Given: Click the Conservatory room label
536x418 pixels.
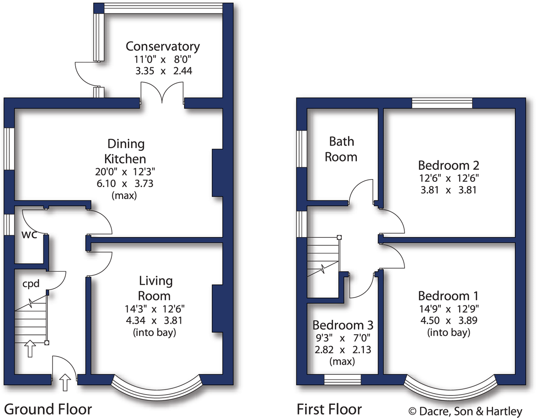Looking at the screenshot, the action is [x=163, y=46].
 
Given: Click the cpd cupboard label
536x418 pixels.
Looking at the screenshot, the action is [x=31, y=284].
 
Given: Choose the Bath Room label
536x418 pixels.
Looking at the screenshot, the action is [x=341, y=149].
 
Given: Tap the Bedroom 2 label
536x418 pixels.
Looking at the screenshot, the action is [x=449, y=165].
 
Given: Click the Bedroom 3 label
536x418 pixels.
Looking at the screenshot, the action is [x=343, y=326].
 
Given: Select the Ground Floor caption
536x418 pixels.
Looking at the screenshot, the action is [x=48, y=409].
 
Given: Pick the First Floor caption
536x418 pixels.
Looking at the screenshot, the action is [x=329, y=409].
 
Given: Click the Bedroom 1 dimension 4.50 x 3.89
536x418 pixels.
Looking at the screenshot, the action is [x=449, y=320].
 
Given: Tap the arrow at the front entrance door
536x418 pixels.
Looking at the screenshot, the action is [x=65, y=381].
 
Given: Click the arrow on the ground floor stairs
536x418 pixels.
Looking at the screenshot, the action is [x=30, y=348].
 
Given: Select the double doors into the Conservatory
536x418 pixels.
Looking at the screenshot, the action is [x=162, y=94].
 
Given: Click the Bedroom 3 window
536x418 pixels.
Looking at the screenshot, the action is [x=342, y=380].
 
